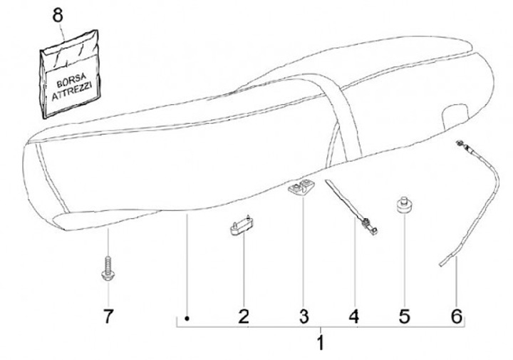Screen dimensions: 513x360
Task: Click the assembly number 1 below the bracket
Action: click(x=320, y=343)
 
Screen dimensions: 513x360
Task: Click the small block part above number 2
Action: click(x=240, y=226)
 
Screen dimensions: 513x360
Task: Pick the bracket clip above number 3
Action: click(x=300, y=189)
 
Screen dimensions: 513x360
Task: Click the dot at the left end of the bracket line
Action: click(x=187, y=318)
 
